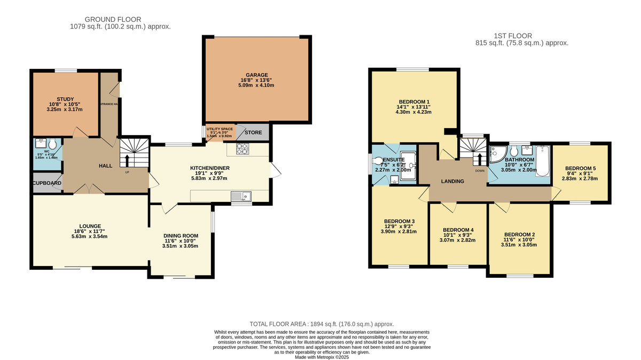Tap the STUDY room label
[x=65, y=98]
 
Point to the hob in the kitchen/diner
[x=242, y=148]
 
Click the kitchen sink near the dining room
[x=246, y=197]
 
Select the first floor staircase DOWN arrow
[x=479, y=159]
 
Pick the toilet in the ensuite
[x=380, y=160]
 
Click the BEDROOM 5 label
[x=580, y=168]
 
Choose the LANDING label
[x=452, y=182]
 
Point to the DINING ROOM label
[x=181, y=236]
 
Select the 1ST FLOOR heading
[x=521, y=36]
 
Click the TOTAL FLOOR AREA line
[x=322, y=324]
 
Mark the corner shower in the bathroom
[x=496, y=153]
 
